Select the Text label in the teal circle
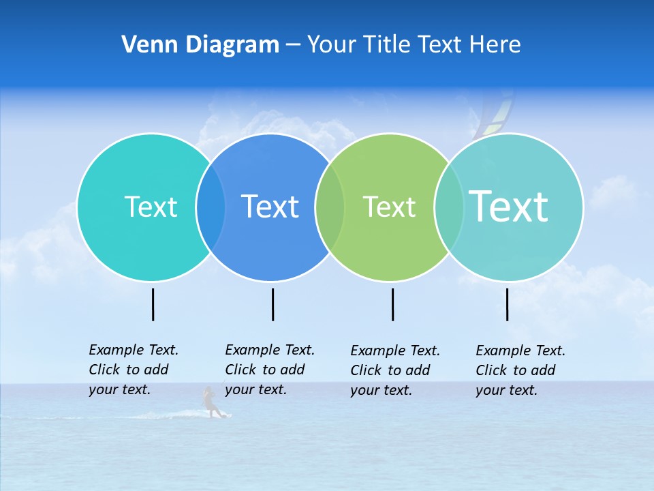coord(151,207)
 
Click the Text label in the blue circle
coord(270,207)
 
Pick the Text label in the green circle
coord(389,207)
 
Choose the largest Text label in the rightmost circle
coord(509,206)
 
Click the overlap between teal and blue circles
coord(211,207)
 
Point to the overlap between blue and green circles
coord(330,207)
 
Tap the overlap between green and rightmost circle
coord(448,207)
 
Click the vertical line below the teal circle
coord(153,304)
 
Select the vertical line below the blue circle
coord(272,304)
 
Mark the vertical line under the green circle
coord(392,304)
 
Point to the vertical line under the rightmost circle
coord(507,304)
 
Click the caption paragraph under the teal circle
coord(133,370)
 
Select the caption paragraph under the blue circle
coord(269,370)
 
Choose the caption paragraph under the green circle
coord(394,370)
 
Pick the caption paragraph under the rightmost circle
coord(520,370)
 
